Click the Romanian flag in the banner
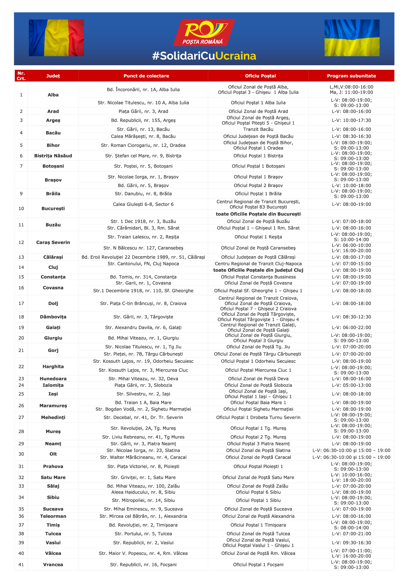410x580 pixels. (56, 38)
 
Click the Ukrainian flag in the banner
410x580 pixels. (352, 38)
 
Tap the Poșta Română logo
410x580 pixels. (204, 32)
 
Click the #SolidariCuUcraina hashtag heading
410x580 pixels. (204, 56)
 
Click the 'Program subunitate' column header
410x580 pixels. (351, 76)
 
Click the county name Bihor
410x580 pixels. (53, 145)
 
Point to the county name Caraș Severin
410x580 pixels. (53, 242)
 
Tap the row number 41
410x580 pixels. (21, 565)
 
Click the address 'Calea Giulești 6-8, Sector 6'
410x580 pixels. (143, 204)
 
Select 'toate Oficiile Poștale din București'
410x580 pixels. (258, 214)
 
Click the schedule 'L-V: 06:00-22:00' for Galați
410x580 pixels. (351, 327)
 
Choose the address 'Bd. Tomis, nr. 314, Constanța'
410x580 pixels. (143, 277)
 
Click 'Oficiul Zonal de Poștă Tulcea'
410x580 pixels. (258, 534)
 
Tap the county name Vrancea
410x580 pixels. (53, 565)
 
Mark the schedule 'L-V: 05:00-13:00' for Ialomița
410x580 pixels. (351, 385)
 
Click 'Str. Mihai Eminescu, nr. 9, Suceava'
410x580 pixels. (143, 509)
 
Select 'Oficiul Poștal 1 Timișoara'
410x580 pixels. (258, 525)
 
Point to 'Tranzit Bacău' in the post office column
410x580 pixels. (258, 129)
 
